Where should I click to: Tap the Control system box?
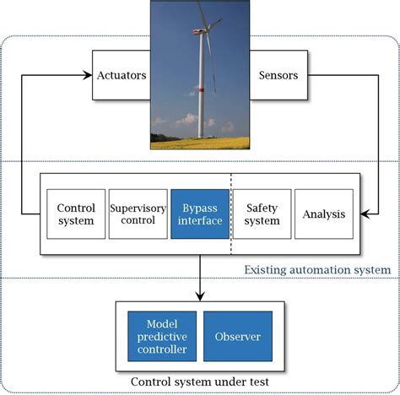[x=76, y=214]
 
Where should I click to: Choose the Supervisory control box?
[x=138, y=214]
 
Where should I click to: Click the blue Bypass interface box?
[x=200, y=214]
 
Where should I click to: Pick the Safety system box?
[x=262, y=214]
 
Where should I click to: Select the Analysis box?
[x=324, y=214]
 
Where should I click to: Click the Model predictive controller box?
[x=161, y=337]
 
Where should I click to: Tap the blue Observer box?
[x=238, y=337]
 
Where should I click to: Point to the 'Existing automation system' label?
[x=317, y=270]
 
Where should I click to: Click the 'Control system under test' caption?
[x=200, y=381]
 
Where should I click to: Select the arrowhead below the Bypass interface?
[x=200, y=295]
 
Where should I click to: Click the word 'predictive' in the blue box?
[x=161, y=337]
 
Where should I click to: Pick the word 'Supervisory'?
[x=138, y=207]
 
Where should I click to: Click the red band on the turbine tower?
[x=201, y=88]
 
